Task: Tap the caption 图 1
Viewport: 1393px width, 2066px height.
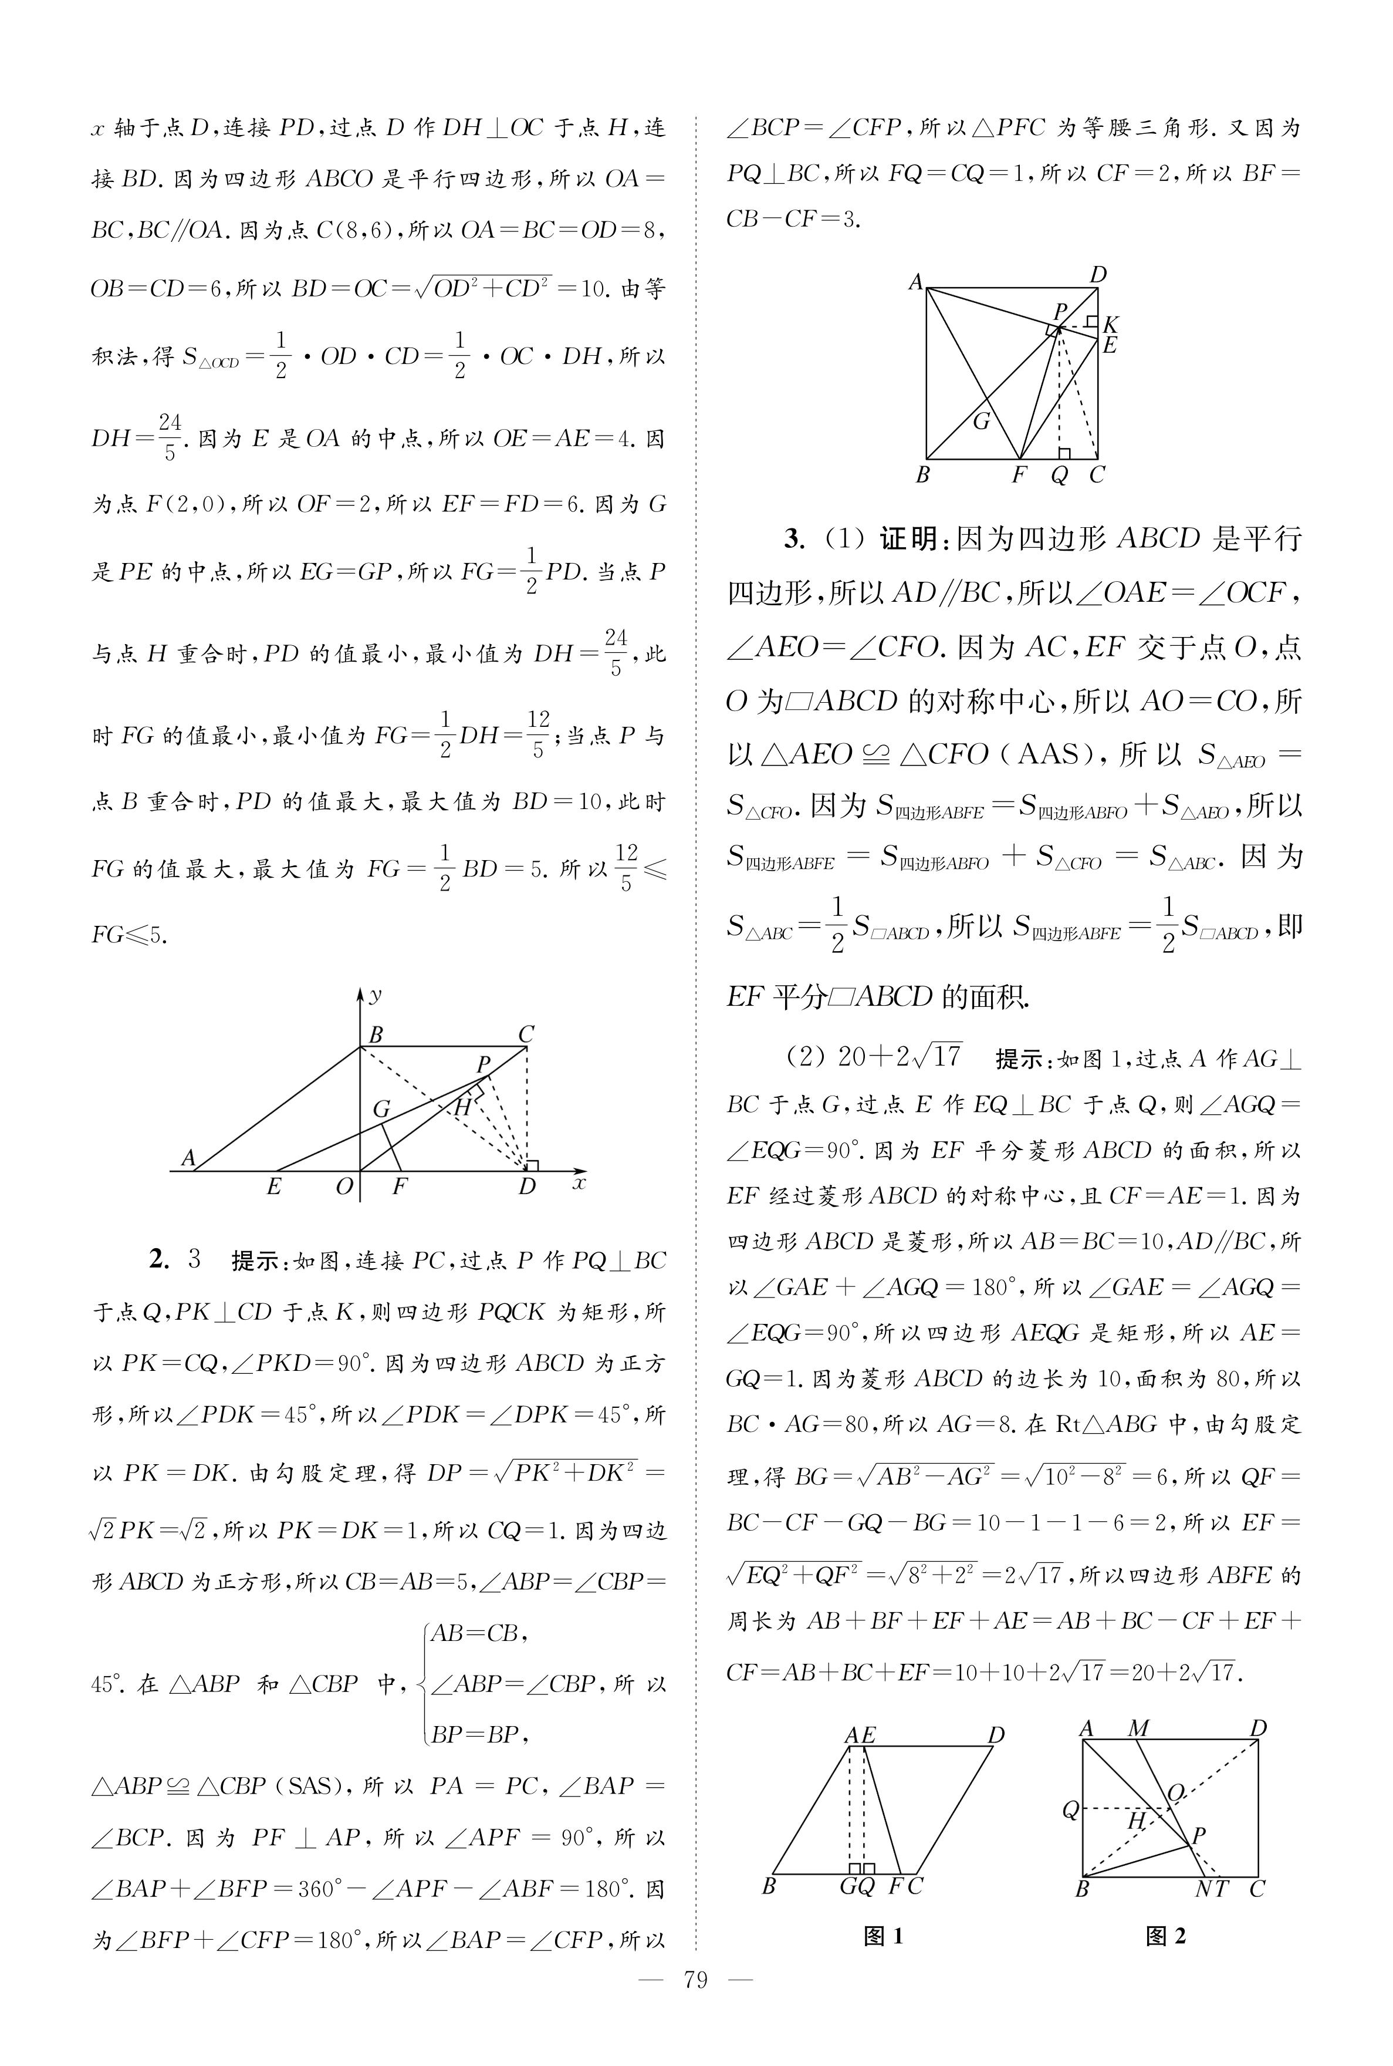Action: coord(884,1936)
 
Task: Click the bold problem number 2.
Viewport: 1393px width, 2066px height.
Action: coord(159,1260)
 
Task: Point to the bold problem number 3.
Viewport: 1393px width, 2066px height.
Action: coord(794,538)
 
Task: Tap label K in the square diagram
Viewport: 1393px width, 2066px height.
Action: coord(1111,325)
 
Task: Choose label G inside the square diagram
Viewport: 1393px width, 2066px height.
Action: coord(980,421)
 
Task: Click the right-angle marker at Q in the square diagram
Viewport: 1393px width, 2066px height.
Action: coord(1064,454)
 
